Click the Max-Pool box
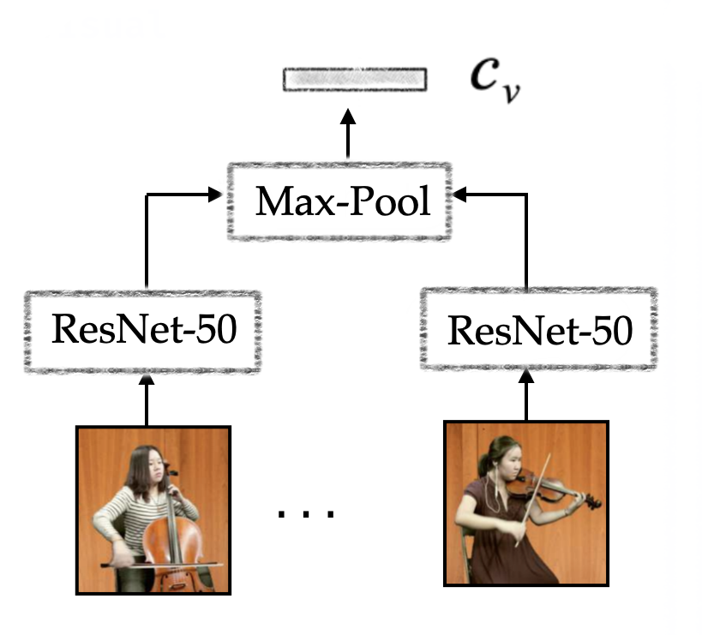click(x=339, y=202)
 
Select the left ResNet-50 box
click(x=142, y=331)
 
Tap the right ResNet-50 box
click(x=540, y=331)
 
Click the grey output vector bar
click(x=355, y=80)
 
